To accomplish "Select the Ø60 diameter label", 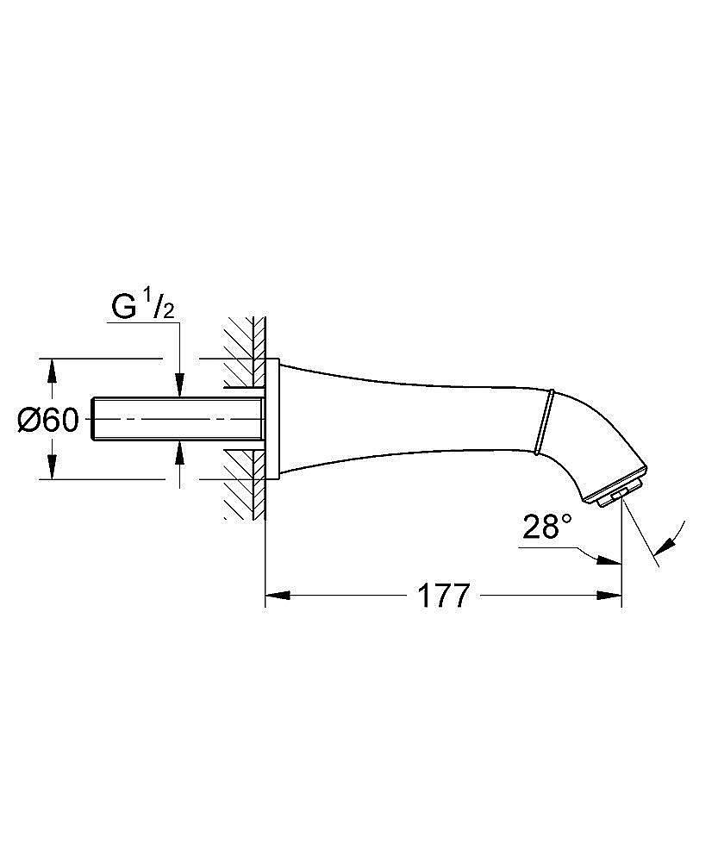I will [x=48, y=421].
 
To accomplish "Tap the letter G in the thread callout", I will [x=123, y=306].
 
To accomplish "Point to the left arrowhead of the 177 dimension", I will [x=275, y=596].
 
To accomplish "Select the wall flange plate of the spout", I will [x=272, y=419].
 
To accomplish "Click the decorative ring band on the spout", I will [x=543, y=422].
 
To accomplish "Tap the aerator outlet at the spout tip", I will [x=614, y=498].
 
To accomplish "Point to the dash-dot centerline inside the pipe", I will [x=172, y=420].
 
